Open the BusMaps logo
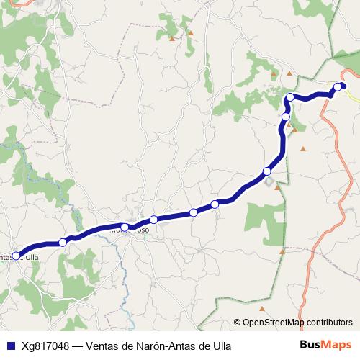click(x=325, y=345)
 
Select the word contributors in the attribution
click(x=330, y=322)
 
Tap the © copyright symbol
click(x=237, y=322)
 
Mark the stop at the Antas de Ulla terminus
click(x=16, y=256)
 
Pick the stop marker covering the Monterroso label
click(x=125, y=228)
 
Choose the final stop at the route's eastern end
click(x=338, y=87)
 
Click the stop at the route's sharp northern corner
click(x=289, y=97)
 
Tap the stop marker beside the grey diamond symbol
click(x=267, y=171)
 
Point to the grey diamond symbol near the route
click(x=271, y=181)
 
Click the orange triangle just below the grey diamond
click(x=276, y=188)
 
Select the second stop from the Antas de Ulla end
click(x=63, y=242)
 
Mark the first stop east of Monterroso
click(x=153, y=220)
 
